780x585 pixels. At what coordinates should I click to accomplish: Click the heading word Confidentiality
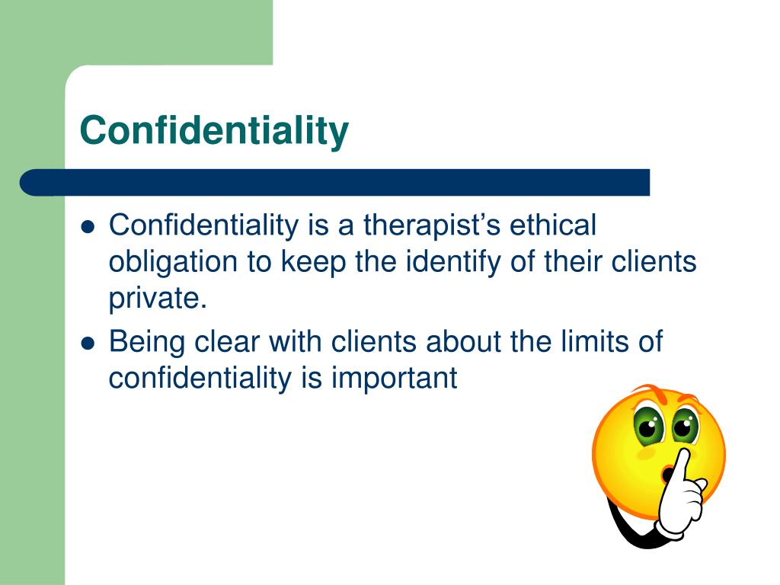coord(214,131)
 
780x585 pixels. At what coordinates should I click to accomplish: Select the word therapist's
coord(431,225)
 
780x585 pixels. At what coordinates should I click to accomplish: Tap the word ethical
coord(553,225)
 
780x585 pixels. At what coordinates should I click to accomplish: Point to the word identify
coord(453,262)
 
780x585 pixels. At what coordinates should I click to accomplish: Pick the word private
coord(157,299)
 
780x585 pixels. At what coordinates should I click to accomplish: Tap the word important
coord(394,379)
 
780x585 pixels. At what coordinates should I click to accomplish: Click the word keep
coord(313,262)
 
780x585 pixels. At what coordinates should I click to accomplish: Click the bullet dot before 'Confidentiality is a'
coord(88,227)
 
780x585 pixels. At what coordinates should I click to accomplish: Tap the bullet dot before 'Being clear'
coord(88,344)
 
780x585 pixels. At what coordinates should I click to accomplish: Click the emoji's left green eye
coord(649,426)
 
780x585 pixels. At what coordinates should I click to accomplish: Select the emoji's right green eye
coord(685,426)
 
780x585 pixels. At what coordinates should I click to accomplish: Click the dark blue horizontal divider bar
coord(335,183)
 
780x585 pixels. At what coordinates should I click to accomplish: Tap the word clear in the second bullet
coord(227,341)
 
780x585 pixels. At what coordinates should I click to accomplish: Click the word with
coord(295,341)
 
